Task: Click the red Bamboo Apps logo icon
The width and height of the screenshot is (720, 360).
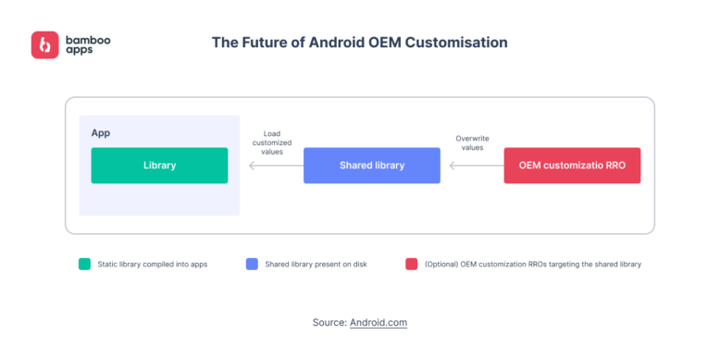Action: [x=44, y=45]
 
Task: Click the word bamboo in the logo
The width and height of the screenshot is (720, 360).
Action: [x=89, y=39]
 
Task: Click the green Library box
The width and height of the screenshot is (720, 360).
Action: [x=159, y=166]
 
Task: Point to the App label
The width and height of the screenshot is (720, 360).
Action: [x=101, y=133]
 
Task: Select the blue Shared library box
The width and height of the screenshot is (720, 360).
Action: [x=371, y=166]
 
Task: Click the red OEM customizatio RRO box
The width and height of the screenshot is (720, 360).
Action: [x=572, y=166]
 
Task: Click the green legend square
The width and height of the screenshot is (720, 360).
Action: [x=85, y=264]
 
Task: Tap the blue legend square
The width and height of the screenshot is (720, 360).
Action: [x=252, y=264]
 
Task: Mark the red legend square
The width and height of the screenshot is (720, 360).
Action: [x=411, y=264]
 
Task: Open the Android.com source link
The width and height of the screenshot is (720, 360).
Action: [x=379, y=322]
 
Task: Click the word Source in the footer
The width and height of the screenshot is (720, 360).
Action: [x=329, y=322]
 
